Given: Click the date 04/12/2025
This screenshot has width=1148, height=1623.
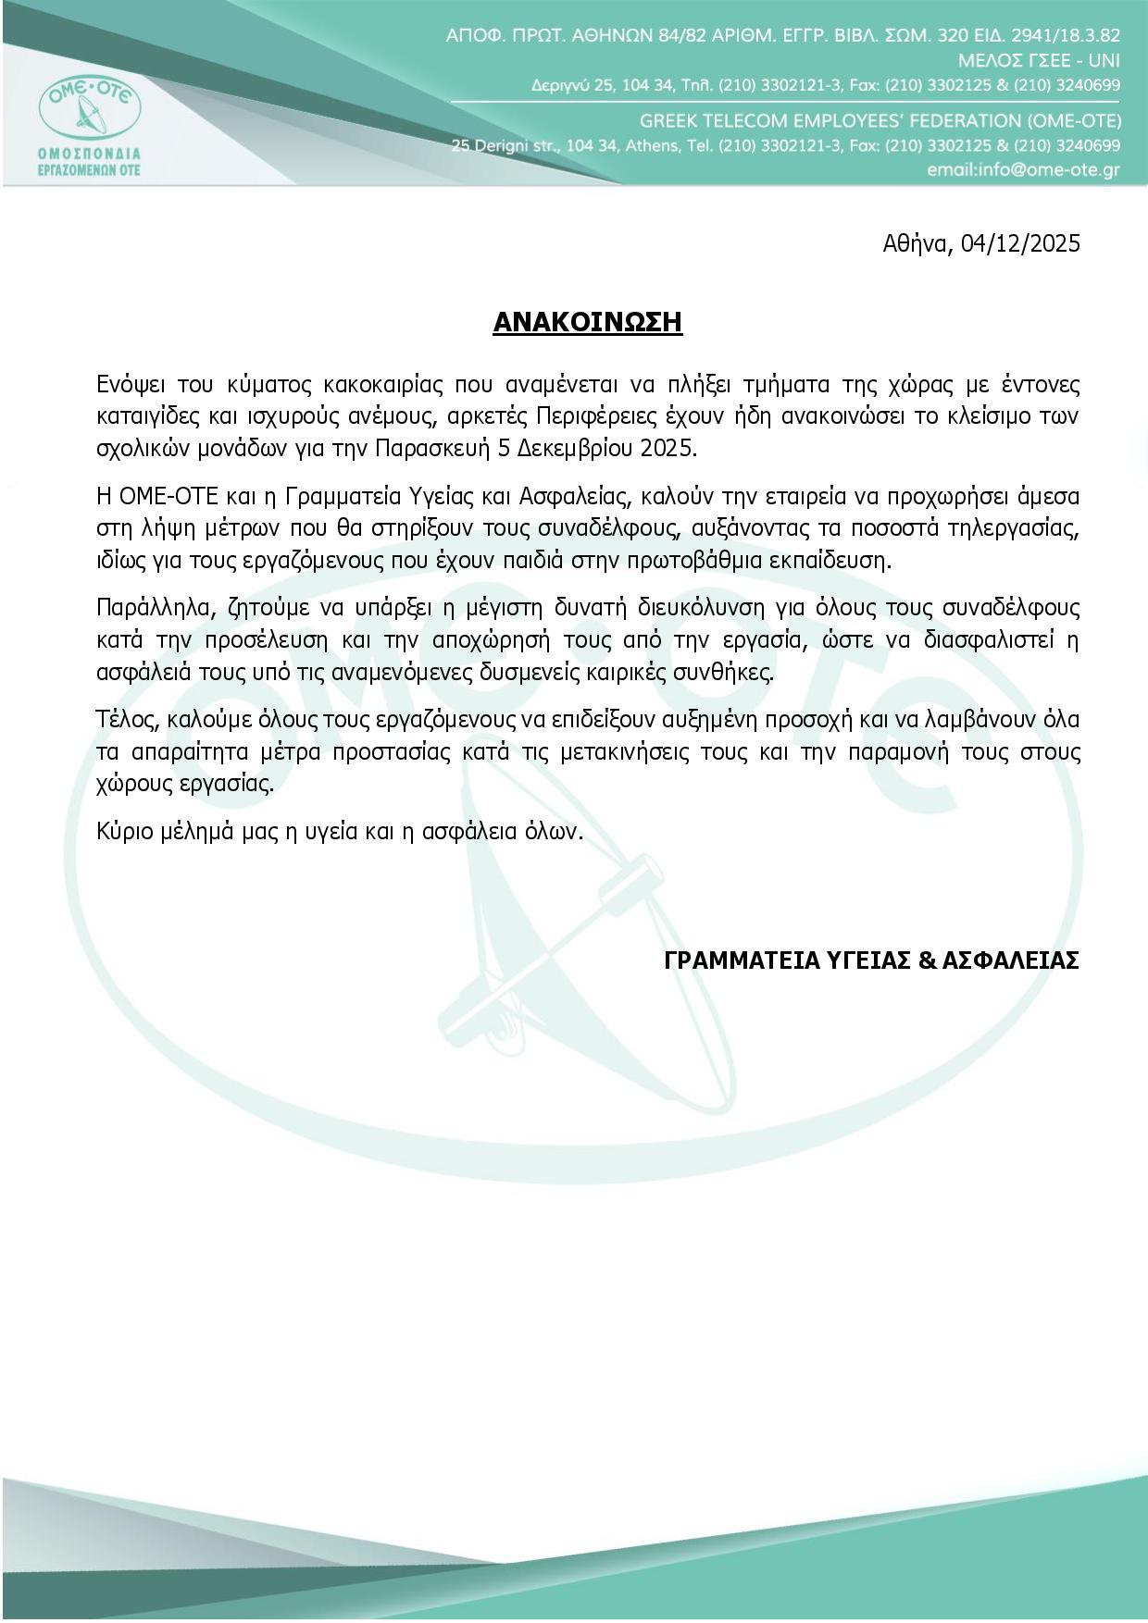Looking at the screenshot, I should point(1020,243).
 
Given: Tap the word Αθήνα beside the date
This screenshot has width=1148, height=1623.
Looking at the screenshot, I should point(917,243).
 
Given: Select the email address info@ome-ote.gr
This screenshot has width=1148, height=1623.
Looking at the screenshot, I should point(1023,170).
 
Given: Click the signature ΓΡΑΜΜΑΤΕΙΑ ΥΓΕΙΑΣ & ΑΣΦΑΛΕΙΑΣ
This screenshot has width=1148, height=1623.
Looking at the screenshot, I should point(871,960).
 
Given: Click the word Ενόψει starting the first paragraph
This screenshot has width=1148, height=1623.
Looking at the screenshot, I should point(127,384).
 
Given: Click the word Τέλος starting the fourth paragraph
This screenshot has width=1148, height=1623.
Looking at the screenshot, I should point(125,719).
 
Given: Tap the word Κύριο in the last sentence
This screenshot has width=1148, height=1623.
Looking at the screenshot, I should point(124,831).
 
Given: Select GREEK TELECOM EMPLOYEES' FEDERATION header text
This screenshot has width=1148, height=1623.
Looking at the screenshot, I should point(880,121).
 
